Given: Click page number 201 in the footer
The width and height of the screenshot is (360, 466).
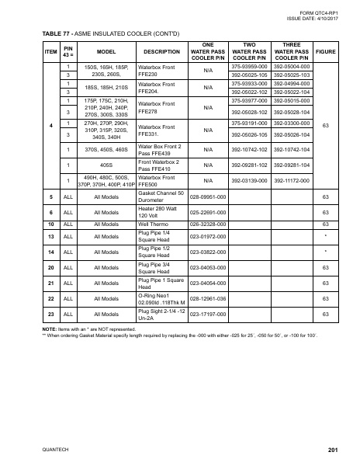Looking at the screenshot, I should [333, 451].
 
